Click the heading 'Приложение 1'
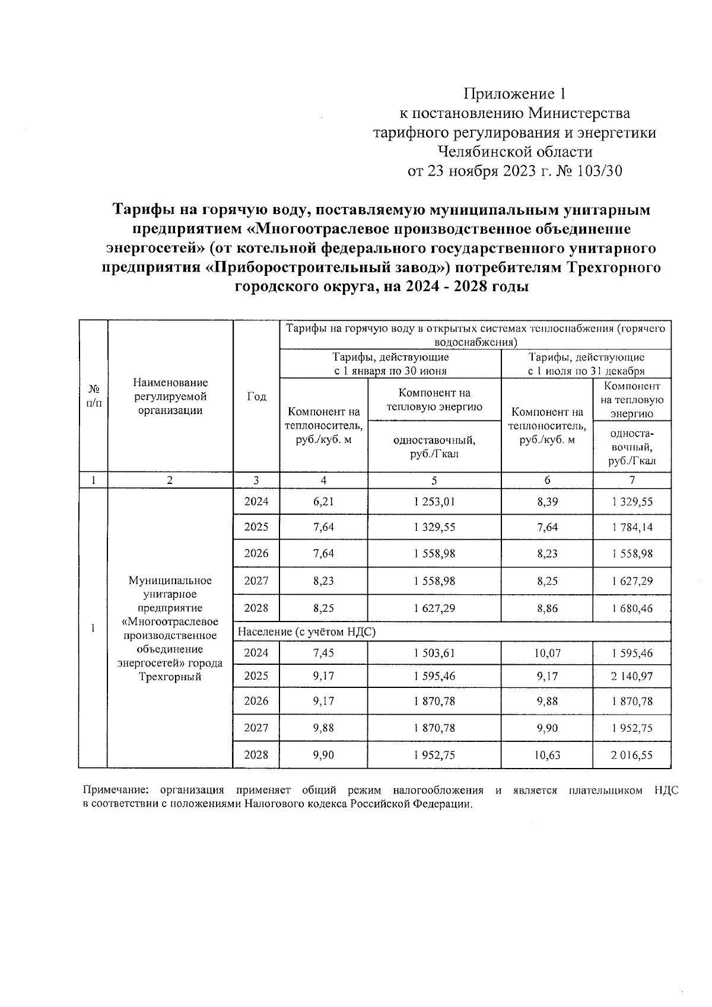[x=515, y=94]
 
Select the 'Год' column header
[x=256, y=397]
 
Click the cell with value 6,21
[x=323, y=502]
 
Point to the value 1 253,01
[x=434, y=502]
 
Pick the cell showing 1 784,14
[x=632, y=527]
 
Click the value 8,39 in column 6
[x=547, y=502]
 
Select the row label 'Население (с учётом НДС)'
[x=307, y=632]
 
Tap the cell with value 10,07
[x=547, y=654]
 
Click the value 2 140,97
[x=632, y=676]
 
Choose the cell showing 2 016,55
[x=632, y=755]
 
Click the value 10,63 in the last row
[x=547, y=755]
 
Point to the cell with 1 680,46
[x=632, y=608]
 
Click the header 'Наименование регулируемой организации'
[x=170, y=396]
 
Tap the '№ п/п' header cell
[x=93, y=396]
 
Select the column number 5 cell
[x=434, y=480]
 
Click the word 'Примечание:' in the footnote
[x=116, y=791]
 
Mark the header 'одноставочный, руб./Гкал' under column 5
[x=434, y=447]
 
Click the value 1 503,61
[x=434, y=654]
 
